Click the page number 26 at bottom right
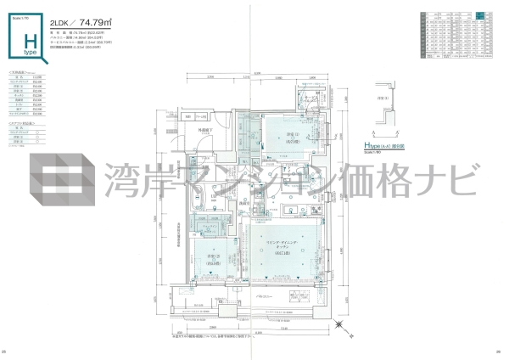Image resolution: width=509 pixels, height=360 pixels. point(501,352)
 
